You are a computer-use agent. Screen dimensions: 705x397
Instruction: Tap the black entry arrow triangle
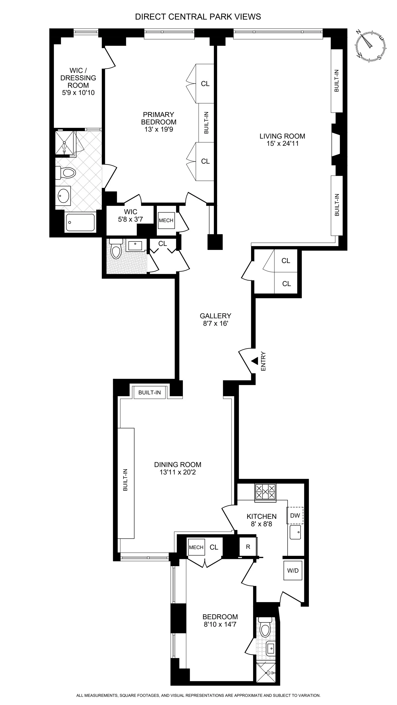pos(255,361)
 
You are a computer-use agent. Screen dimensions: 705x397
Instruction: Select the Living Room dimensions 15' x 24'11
pos(282,144)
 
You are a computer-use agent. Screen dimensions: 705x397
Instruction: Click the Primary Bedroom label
pos(159,118)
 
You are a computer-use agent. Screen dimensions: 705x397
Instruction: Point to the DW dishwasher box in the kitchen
pos(295,516)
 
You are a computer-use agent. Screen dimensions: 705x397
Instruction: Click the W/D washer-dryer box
pos(293,570)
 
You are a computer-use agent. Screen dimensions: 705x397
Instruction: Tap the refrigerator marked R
pos(248,547)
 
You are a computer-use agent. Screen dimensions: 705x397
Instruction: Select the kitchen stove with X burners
pos(265,492)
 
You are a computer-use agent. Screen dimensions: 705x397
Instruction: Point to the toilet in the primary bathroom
pos(66,173)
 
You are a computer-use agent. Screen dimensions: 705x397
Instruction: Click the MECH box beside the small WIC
pos(166,220)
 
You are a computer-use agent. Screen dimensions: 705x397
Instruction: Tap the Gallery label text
pos(215,316)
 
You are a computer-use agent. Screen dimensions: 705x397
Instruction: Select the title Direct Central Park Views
pos(198,17)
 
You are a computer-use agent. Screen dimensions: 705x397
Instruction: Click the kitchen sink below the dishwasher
pos(295,532)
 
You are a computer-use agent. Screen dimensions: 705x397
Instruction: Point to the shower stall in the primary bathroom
pos(65,143)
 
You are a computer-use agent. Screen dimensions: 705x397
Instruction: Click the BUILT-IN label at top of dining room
pos(150,392)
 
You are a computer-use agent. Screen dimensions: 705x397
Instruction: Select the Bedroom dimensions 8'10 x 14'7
pos(220,624)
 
